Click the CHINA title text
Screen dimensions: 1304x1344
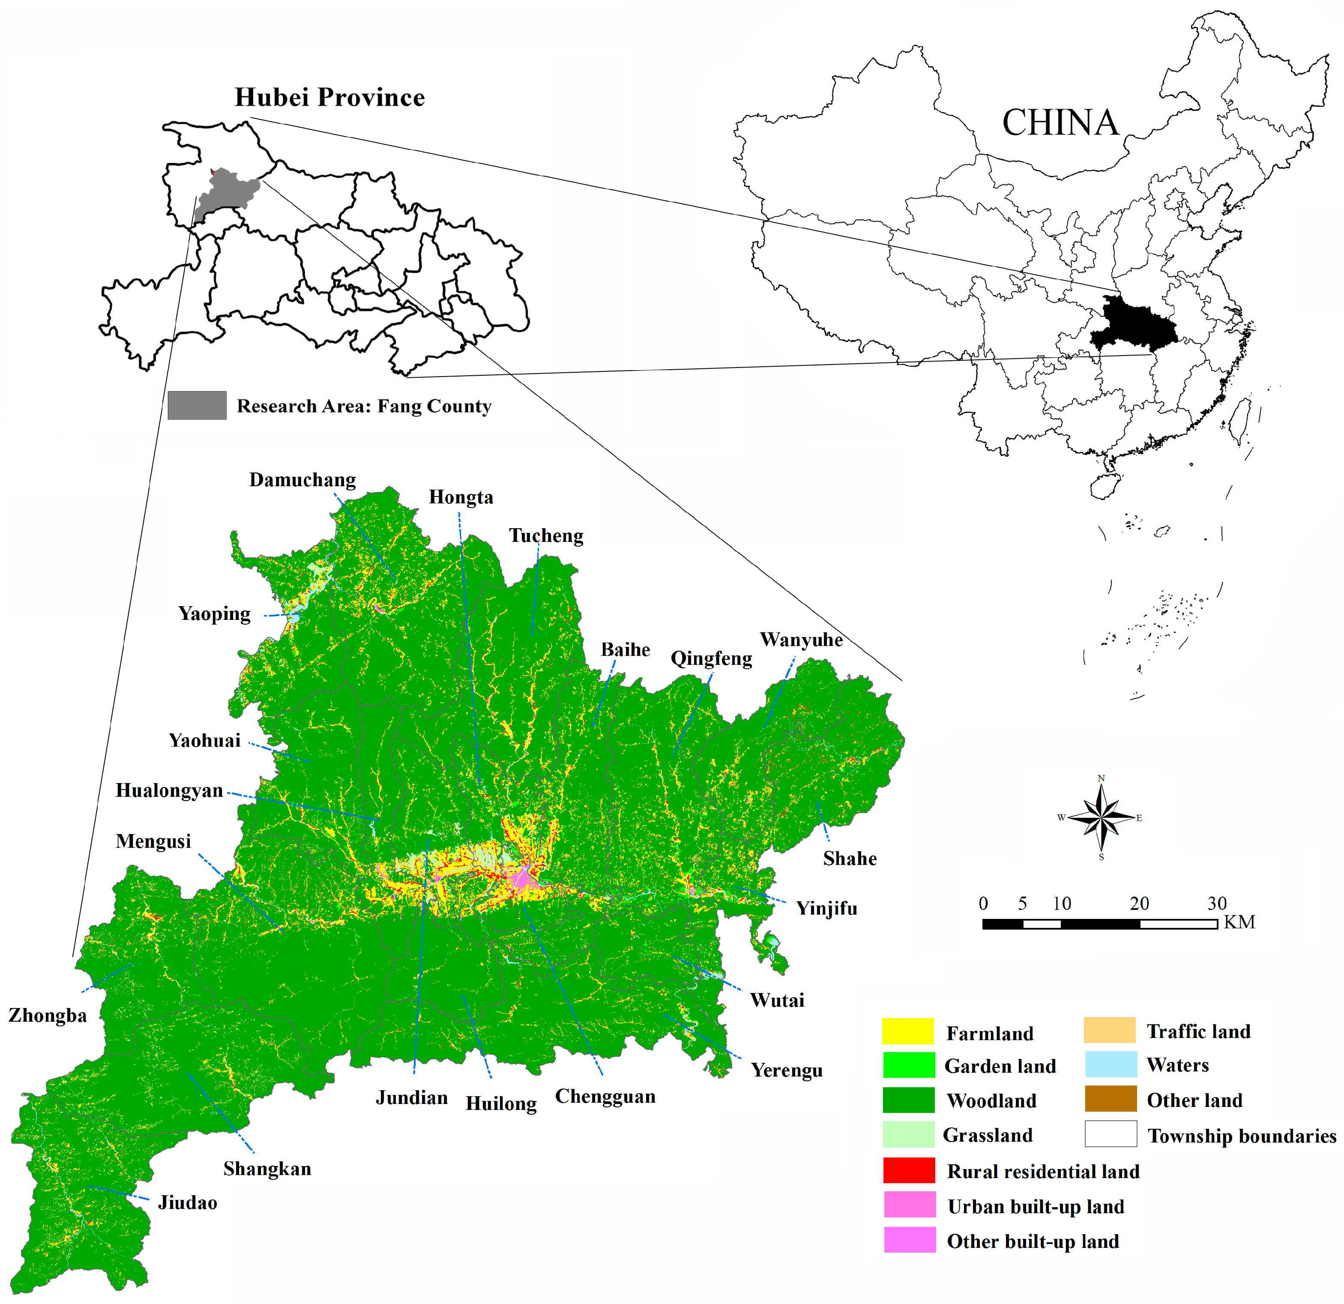click(1060, 123)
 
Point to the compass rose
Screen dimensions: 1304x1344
click(1101, 817)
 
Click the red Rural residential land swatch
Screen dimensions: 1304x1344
click(909, 1170)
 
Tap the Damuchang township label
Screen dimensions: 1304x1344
click(302, 480)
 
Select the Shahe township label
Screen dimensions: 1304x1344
click(850, 858)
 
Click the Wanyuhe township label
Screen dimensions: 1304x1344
click(801, 640)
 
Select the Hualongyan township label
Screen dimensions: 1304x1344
click(169, 790)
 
